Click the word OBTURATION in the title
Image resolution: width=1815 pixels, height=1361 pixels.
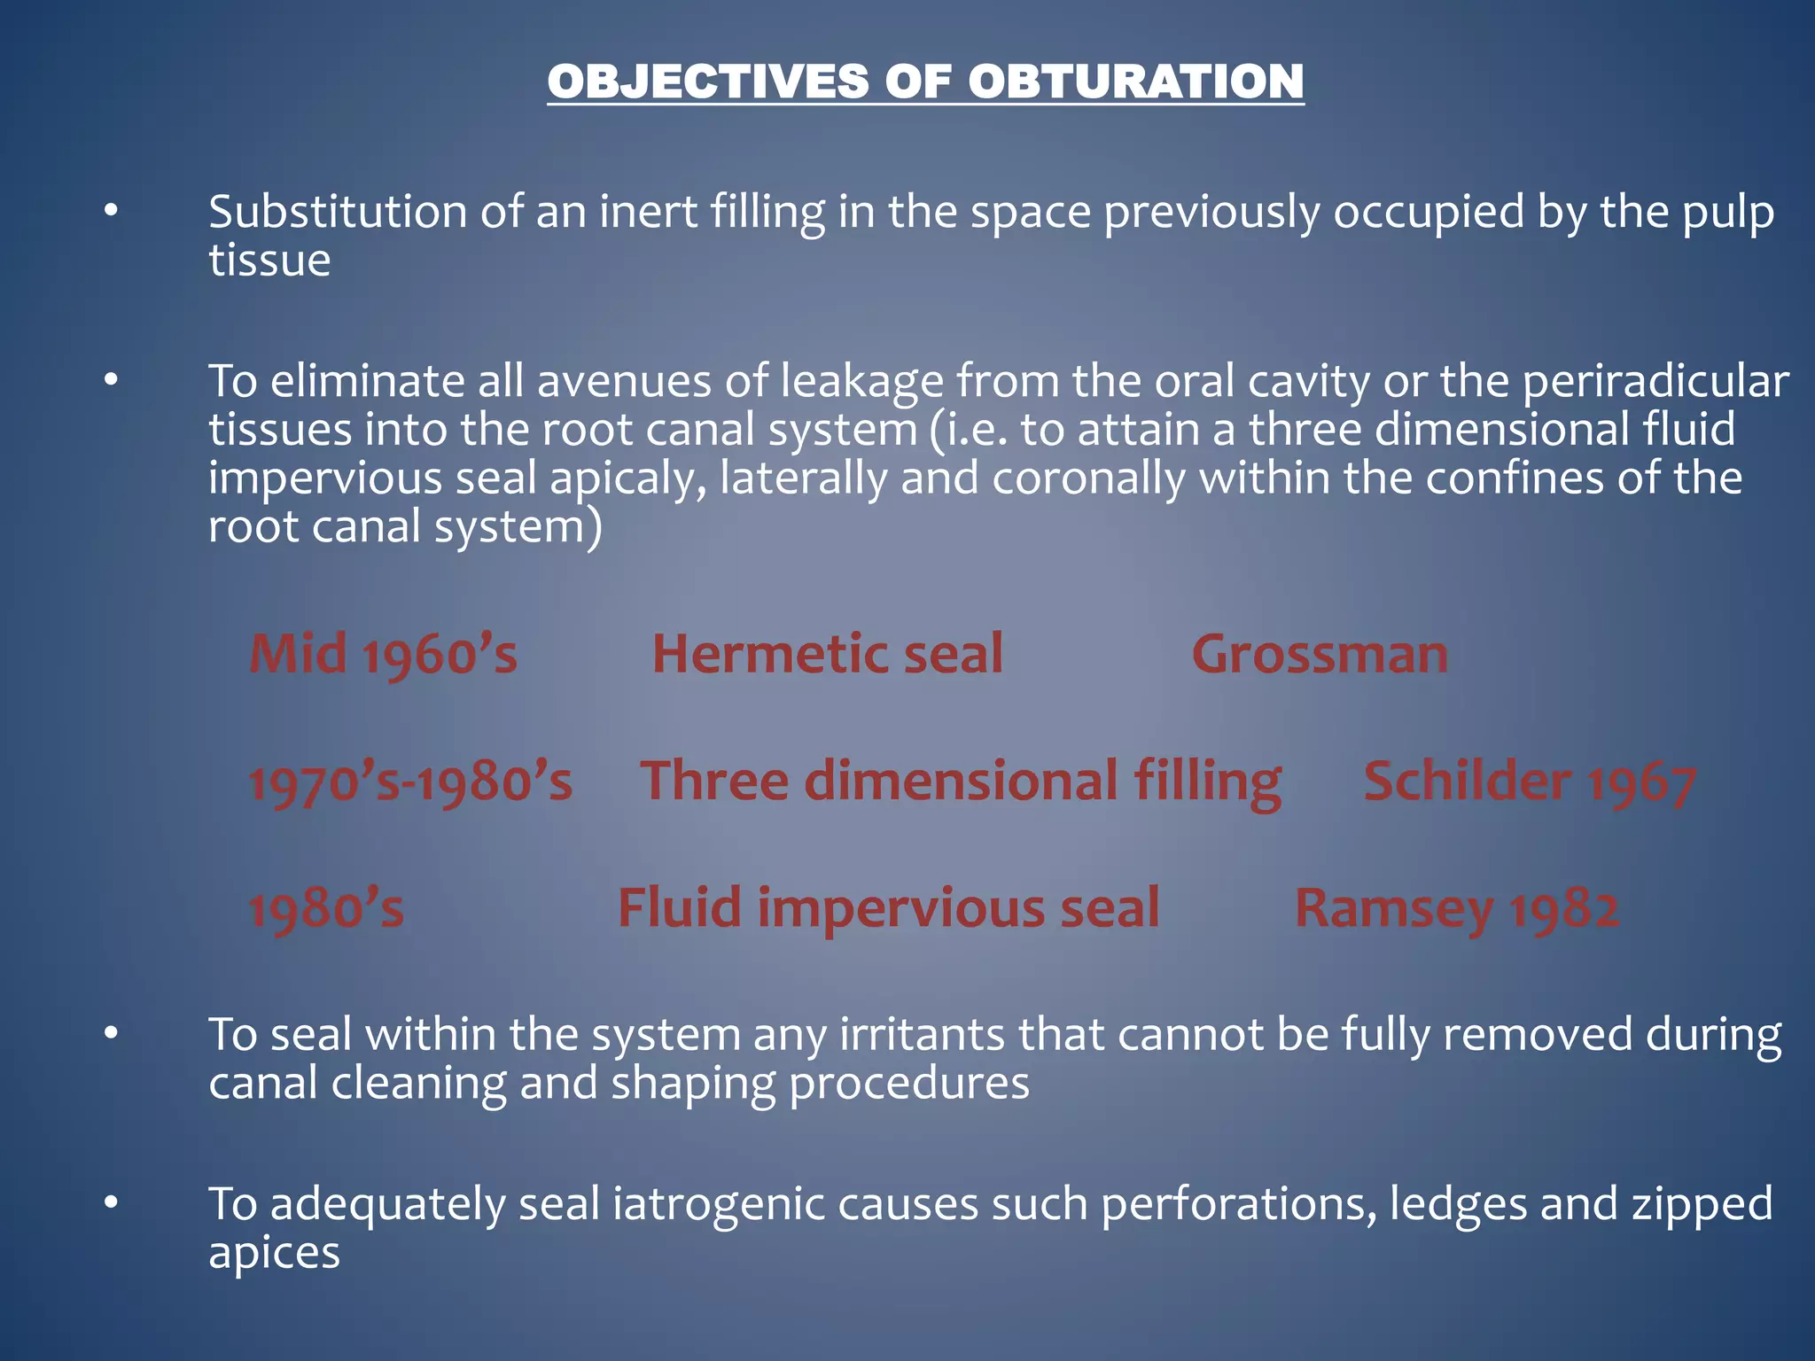(x=1135, y=82)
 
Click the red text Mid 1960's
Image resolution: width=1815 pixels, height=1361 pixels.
(x=383, y=655)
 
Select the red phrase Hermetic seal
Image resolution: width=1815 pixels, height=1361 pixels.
(x=828, y=654)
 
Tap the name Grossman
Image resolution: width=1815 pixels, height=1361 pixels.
(x=1320, y=655)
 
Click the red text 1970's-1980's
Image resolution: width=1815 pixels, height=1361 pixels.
(x=410, y=782)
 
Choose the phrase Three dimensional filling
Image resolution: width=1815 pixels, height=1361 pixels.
(x=961, y=782)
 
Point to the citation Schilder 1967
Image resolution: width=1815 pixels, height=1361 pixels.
(x=1530, y=782)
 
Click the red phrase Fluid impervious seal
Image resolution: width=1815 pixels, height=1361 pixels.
(x=888, y=908)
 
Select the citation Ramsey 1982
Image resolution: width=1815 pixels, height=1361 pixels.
(x=1457, y=909)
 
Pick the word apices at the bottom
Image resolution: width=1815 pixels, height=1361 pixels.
(x=274, y=1253)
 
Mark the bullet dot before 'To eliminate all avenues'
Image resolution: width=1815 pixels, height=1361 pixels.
(x=111, y=381)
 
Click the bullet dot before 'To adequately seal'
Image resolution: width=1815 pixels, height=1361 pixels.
(x=111, y=1203)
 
